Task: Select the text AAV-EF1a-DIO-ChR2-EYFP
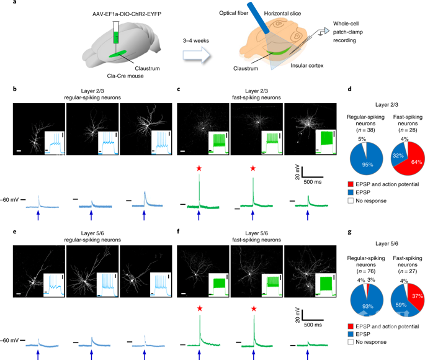(127, 14)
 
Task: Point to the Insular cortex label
(307, 66)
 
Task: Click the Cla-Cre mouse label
(125, 76)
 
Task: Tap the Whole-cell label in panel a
(346, 24)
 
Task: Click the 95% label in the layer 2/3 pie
(367, 164)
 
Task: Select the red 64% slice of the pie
(411, 160)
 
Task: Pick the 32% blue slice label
(398, 156)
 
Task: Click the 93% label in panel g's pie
(368, 307)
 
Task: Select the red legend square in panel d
(351, 184)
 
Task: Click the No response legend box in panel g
(351, 342)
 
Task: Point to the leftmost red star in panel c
(199, 168)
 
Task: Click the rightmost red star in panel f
(254, 308)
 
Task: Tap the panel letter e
(15, 232)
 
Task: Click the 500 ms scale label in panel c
(313, 182)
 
